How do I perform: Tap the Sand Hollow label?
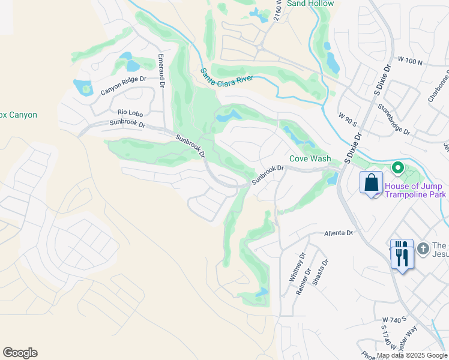310,4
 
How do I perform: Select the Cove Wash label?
310,159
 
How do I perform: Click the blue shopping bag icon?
372,182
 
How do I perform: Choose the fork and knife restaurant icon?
402,256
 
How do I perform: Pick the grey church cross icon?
423,248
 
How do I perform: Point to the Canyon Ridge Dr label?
123,85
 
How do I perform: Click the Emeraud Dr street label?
161,69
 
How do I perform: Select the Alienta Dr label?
339,232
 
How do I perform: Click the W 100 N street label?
410,62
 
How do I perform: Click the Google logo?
20,353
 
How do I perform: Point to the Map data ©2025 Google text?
411,355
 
